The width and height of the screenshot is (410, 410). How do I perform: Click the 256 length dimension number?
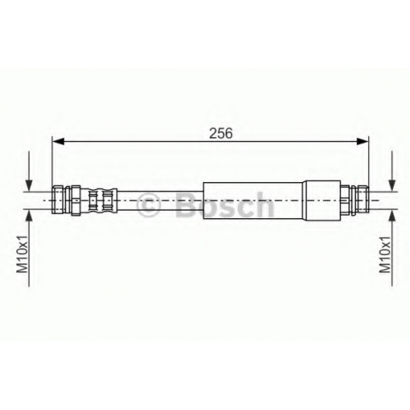click(221, 134)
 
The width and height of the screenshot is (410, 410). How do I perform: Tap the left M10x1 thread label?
click(22, 254)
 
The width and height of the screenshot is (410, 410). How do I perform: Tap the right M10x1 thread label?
click(385, 254)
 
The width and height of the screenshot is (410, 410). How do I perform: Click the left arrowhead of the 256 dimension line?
click(58, 141)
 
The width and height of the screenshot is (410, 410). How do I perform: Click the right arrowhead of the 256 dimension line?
click(362, 141)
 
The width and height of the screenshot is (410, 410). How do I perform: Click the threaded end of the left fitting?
click(57, 200)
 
